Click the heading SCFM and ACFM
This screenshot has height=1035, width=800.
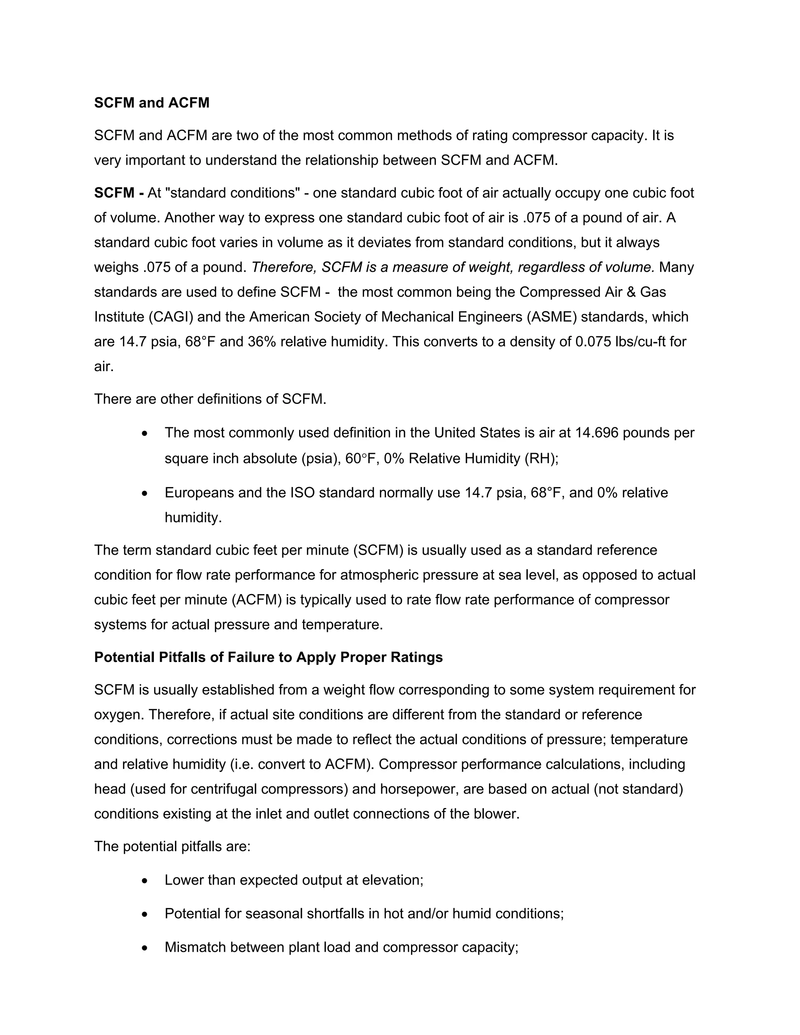click(x=152, y=103)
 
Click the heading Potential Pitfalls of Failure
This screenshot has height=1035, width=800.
click(x=268, y=657)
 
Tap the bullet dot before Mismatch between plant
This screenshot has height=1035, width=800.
click(x=145, y=948)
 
